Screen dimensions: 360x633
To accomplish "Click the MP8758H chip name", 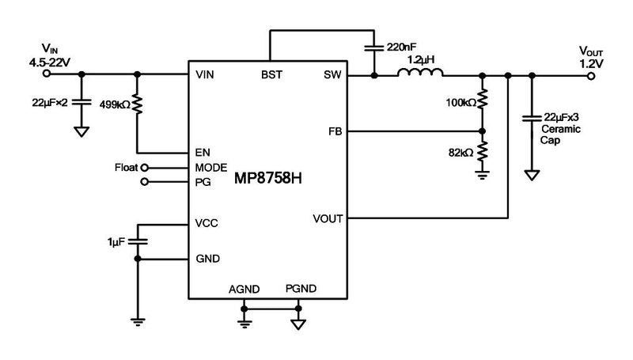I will [268, 179].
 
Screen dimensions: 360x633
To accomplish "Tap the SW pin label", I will [332, 75].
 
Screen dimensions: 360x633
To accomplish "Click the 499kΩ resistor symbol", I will [138, 104].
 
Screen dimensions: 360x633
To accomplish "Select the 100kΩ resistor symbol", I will [483, 100].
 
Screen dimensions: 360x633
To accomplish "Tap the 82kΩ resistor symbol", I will [483, 151].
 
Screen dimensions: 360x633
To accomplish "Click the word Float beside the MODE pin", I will [126, 168].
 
